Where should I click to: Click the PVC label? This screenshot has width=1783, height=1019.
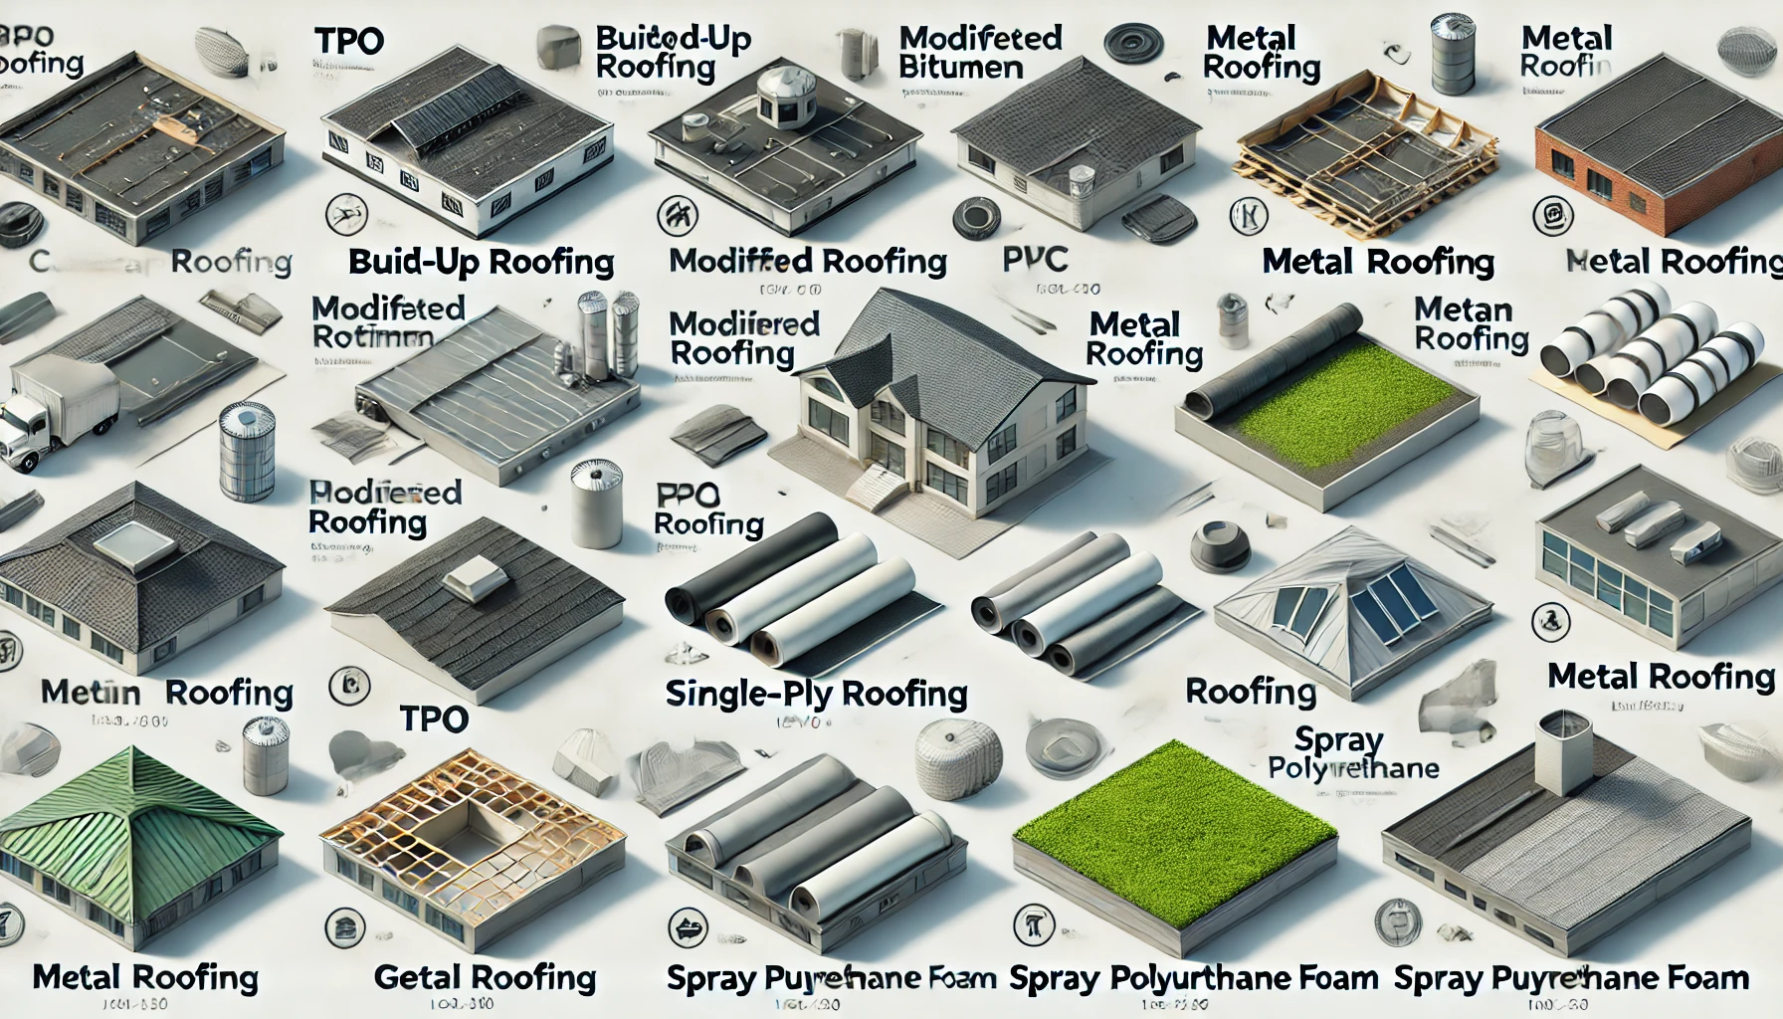1035,260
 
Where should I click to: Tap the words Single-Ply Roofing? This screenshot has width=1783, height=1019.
816,694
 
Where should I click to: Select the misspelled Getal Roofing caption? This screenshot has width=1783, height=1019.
485,978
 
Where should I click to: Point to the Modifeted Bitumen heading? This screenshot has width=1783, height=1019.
980,53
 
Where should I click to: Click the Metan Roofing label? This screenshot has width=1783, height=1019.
1471,324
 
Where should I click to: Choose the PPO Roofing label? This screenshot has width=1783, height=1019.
708,509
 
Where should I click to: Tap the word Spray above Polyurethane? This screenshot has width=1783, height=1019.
1338,740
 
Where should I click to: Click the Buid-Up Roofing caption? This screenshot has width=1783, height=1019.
481,262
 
